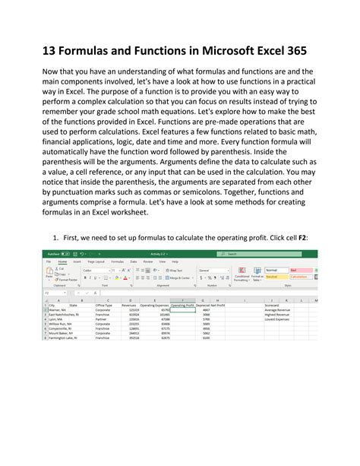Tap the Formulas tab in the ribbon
click(x=118, y=261)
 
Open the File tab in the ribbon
click(x=47, y=261)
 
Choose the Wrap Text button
click(x=173, y=270)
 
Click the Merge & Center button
click(x=176, y=278)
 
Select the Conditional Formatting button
click(x=242, y=277)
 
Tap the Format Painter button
click(x=67, y=280)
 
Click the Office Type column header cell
click(x=104, y=305)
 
